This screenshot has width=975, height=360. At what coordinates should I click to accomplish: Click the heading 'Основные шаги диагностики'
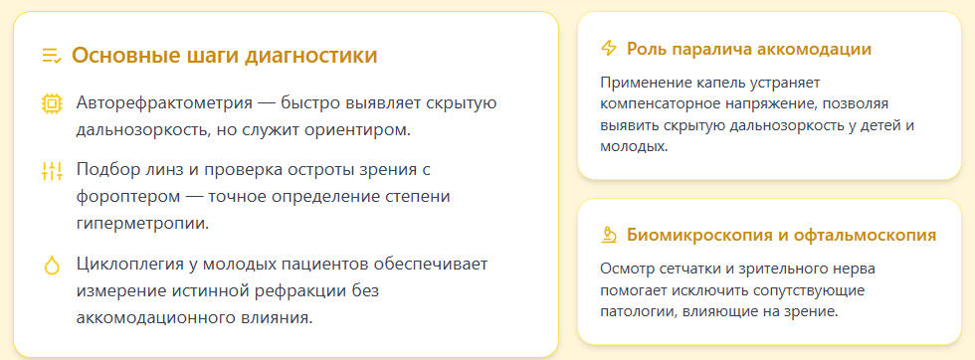point(225,56)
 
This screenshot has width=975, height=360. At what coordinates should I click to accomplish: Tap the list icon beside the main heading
point(52,56)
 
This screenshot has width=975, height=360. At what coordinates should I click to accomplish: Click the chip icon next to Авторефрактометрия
point(52,103)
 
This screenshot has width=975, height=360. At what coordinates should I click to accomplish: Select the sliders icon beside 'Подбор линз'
point(52,171)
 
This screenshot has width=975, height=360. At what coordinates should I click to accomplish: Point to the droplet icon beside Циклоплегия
point(52,266)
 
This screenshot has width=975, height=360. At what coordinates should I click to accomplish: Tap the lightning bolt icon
point(609,49)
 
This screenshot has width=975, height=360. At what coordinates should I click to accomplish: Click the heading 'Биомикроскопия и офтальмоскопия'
point(782,236)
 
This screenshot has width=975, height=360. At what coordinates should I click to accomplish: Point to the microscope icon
point(609,236)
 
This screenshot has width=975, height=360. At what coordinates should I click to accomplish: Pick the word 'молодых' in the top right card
point(631,145)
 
